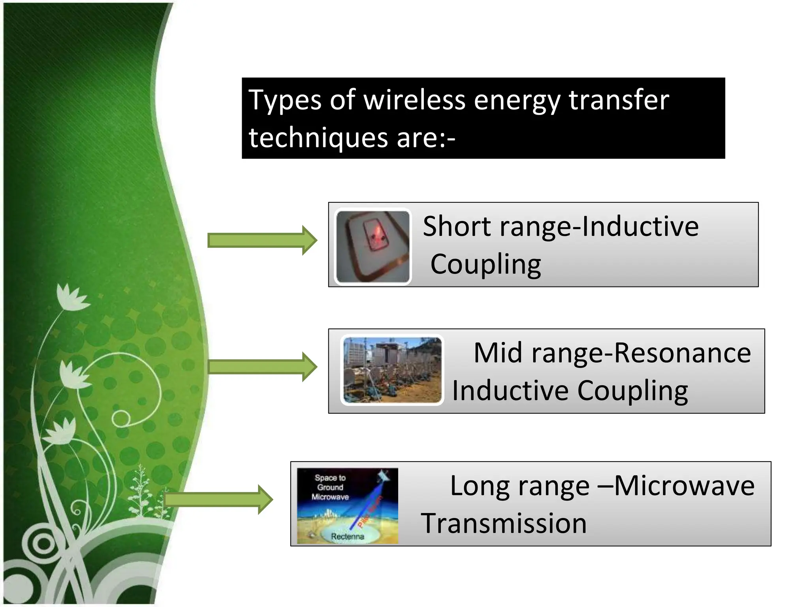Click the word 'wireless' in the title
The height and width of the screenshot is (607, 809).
[x=414, y=100]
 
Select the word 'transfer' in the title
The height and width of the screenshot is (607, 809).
[x=619, y=100]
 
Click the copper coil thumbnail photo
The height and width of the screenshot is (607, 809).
[x=373, y=247]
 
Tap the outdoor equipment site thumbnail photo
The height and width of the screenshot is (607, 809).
[x=392, y=370]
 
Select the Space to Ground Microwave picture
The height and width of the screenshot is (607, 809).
[x=347, y=506]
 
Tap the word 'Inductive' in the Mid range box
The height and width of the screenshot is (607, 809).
[x=510, y=390]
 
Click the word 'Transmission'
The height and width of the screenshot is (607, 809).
[x=504, y=523]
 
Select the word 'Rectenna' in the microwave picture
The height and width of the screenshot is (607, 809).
[x=347, y=536]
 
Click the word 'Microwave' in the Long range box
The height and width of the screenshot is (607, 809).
[x=684, y=486]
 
